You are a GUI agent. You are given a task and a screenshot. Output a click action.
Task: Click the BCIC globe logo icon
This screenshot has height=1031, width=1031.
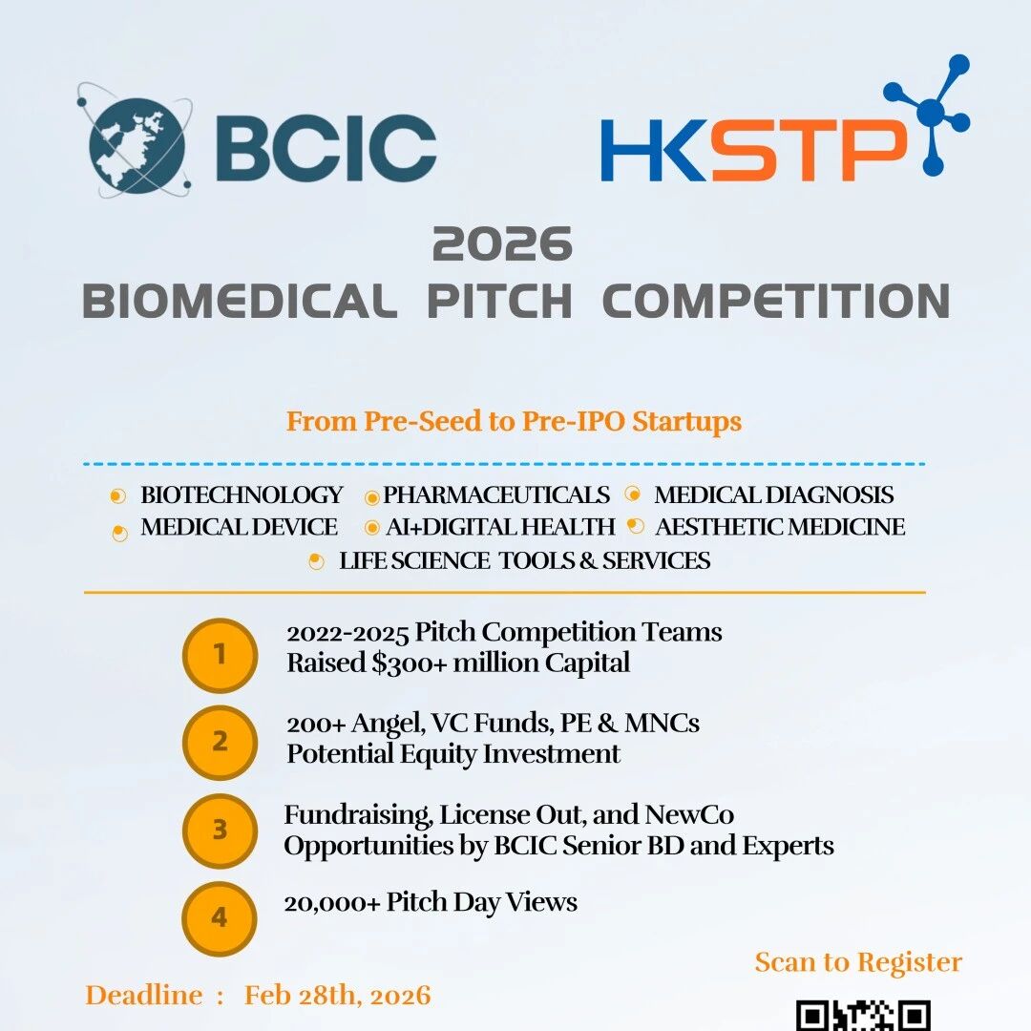click(136, 140)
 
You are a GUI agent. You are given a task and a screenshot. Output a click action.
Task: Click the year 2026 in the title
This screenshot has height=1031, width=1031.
click(502, 244)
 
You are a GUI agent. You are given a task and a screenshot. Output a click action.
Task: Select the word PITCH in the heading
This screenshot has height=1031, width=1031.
click(499, 301)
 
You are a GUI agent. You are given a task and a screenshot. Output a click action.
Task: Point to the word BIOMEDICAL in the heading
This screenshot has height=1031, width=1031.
click(240, 301)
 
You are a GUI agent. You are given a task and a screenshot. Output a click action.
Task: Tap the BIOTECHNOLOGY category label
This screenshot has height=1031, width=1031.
click(242, 494)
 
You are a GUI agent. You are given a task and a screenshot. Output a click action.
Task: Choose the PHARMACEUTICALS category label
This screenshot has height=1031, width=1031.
click(496, 494)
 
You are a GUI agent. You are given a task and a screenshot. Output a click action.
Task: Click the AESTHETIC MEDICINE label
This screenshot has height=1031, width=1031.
click(780, 527)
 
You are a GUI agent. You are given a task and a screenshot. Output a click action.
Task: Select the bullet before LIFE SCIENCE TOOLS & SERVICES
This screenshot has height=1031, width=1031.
click(316, 561)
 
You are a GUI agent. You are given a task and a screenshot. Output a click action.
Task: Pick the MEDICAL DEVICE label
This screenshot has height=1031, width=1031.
click(239, 527)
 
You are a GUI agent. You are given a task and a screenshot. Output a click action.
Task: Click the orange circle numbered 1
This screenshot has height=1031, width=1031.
click(220, 656)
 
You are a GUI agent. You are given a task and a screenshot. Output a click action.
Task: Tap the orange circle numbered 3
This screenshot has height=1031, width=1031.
click(220, 831)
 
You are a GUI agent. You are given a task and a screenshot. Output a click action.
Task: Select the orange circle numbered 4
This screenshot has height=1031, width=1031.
click(220, 918)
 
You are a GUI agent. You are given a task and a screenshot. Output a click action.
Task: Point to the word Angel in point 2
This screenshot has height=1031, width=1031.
click(388, 724)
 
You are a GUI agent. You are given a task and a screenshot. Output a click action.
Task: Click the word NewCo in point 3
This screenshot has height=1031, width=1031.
click(689, 814)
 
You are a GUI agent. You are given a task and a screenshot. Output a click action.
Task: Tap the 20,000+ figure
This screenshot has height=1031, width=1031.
click(332, 903)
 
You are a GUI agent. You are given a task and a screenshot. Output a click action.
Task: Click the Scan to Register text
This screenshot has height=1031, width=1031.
click(858, 962)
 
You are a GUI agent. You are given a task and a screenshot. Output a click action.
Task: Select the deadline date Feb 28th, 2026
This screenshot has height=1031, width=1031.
click(337, 996)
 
